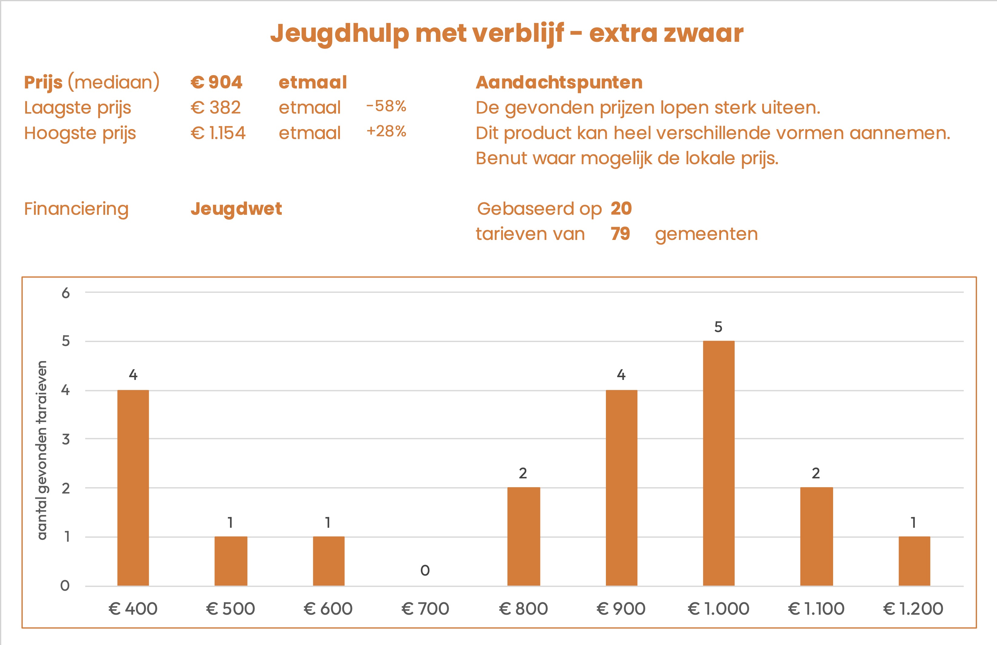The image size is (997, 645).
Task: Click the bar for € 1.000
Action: click(x=719, y=463)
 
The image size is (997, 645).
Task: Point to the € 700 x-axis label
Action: click(x=425, y=609)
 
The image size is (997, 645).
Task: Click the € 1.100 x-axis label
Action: click(x=816, y=609)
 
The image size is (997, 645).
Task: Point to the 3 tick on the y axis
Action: click(x=66, y=439)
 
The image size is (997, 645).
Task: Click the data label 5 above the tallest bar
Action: click(x=718, y=327)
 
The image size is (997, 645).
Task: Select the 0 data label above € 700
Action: click(x=425, y=570)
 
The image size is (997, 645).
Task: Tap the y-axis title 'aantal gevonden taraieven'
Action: click(x=42, y=450)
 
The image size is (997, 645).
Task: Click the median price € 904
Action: click(x=217, y=82)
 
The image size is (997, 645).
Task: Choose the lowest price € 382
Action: click(x=216, y=108)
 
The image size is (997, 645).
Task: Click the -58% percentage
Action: click(x=386, y=106)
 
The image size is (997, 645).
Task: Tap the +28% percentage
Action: click(x=386, y=131)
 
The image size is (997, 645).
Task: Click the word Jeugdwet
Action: click(x=236, y=208)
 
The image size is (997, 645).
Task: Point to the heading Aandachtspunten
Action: click(x=559, y=82)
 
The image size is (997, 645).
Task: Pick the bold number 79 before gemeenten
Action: click(x=620, y=234)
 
